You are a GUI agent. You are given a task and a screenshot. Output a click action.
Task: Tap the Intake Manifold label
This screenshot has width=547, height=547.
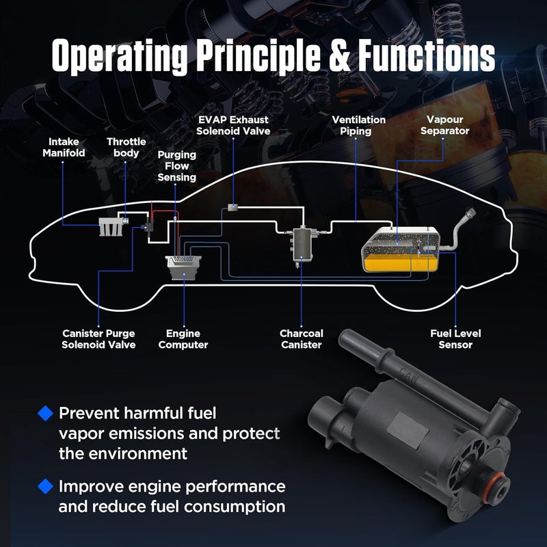point(64,147)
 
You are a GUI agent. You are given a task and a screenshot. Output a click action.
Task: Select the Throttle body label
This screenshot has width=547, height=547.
point(126,147)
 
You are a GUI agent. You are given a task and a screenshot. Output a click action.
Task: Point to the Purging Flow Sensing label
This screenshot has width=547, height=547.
point(176,166)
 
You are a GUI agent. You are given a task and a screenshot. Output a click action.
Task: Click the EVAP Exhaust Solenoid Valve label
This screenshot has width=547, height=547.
point(233,125)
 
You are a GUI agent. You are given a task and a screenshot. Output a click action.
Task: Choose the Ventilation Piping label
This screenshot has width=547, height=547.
point(358,125)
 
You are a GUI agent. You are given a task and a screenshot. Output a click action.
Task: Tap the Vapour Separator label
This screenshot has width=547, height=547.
point(445,125)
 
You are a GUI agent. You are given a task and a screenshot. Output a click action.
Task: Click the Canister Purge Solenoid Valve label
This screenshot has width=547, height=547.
point(98,339)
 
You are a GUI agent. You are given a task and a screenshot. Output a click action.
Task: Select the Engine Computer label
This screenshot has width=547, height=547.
point(183,339)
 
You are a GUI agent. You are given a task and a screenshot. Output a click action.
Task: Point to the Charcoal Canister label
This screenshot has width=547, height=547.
point(302,339)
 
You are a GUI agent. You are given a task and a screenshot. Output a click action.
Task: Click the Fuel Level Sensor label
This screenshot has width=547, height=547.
point(455,339)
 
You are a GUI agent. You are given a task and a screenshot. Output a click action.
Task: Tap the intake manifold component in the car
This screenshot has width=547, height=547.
point(111,227)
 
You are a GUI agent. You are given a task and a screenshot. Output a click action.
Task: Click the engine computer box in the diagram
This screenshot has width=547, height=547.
point(184,267)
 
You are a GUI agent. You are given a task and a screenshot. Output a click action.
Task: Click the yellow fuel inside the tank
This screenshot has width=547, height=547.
point(400,263)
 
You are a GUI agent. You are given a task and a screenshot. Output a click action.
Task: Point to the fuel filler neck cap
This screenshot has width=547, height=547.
point(470,213)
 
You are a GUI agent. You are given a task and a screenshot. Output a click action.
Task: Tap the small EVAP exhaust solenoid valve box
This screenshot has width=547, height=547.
point(232,208)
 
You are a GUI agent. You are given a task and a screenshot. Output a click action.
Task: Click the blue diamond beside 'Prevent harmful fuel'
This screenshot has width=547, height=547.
point(45,414)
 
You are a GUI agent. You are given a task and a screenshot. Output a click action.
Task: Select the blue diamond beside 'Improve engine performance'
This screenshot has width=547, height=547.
point(45,486)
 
